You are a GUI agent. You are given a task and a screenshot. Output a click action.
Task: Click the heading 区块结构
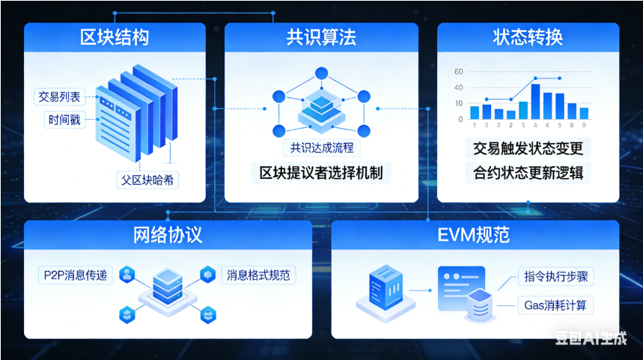point(115,37)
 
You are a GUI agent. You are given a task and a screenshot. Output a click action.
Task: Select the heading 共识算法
point(321,37)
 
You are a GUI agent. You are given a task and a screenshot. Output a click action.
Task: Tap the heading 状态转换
point(528,37)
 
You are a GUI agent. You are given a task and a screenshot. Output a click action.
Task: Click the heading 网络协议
point(168,235)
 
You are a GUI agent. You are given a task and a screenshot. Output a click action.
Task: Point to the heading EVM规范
point(474,235)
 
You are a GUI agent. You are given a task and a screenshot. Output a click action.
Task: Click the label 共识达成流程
point(321,148)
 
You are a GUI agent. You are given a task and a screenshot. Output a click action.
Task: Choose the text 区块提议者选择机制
point(321,173)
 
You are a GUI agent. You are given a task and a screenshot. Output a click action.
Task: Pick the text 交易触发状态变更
point(528,147)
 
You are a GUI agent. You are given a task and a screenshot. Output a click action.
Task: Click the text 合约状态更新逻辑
point(528,173)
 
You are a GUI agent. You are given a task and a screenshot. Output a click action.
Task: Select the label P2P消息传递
point(75,275)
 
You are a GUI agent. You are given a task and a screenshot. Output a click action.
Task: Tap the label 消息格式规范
point(258,275)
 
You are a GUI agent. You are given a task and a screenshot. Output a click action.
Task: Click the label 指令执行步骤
point(555,277)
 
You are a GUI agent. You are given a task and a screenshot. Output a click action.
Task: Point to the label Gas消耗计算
point(555,305)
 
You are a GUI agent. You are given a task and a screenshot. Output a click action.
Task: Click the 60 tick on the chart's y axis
point(458,73)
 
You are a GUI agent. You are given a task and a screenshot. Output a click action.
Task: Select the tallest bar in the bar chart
point(535,102)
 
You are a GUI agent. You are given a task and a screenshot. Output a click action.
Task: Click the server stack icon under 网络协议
point(167,287)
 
